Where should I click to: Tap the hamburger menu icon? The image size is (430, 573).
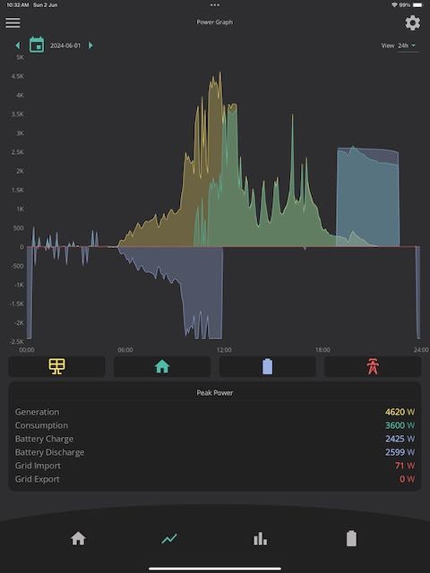tap(13, 22)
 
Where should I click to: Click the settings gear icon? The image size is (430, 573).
tap(412, 22)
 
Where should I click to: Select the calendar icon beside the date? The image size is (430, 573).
tap(37, 45)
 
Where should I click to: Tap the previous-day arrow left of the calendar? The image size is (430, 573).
tap(18, 46)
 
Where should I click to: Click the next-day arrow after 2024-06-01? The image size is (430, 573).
tap(90, 46)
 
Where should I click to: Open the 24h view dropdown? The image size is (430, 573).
tap(407, 46)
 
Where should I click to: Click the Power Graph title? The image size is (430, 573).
tap(215, 21)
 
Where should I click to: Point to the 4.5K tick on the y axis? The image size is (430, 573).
tap(18, 76)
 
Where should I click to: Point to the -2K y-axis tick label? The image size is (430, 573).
tap(19, 322)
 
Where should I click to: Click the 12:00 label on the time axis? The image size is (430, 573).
tap(224, 350)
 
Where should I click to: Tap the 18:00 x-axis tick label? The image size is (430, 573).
tap(322, 350)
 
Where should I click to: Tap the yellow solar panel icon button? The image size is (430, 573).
tap(57, 366)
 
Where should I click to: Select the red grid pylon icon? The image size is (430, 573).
tap(373, 366)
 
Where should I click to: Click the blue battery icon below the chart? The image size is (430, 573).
tap(267, 366)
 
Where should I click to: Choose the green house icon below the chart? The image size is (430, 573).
tap(162, 366)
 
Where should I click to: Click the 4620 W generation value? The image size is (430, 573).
tap(400, 412)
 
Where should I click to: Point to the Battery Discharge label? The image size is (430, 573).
tap(50, 452)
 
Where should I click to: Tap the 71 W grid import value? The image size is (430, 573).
tap(405, 466)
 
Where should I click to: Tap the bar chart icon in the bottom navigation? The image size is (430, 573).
tap(260, 539)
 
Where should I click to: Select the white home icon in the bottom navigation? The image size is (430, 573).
tap(78, 539)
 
